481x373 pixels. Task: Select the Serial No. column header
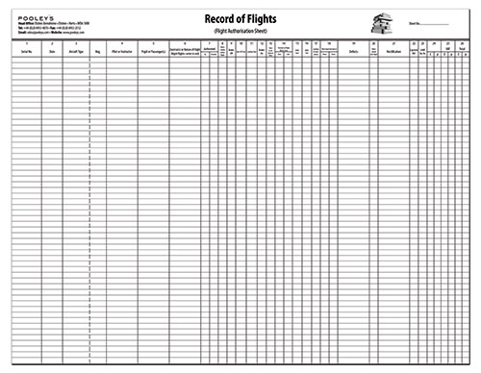[x=25, y=52]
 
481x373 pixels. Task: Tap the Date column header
[x=53, y=52]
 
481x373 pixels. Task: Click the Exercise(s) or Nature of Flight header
[x=184, y=52]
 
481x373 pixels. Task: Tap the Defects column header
[x=355, y=52]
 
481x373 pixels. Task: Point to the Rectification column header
[x=393, y=52]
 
